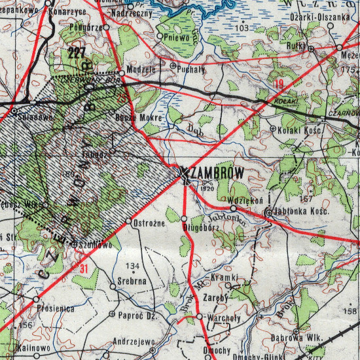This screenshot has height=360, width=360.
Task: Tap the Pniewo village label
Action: [x=177, y=38]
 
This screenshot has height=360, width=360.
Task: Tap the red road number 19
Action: [x=279, y=83]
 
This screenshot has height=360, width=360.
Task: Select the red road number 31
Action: [x=82, y=268]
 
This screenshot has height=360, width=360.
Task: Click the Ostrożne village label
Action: [x=147, y=224]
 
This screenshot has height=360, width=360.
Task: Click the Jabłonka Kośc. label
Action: [x=298, y=213]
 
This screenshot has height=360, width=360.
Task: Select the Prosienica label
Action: [x=55, y=306]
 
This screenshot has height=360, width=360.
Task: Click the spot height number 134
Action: [x=133, y=266]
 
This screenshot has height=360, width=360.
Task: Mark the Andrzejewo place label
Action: [x=134, y=341]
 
